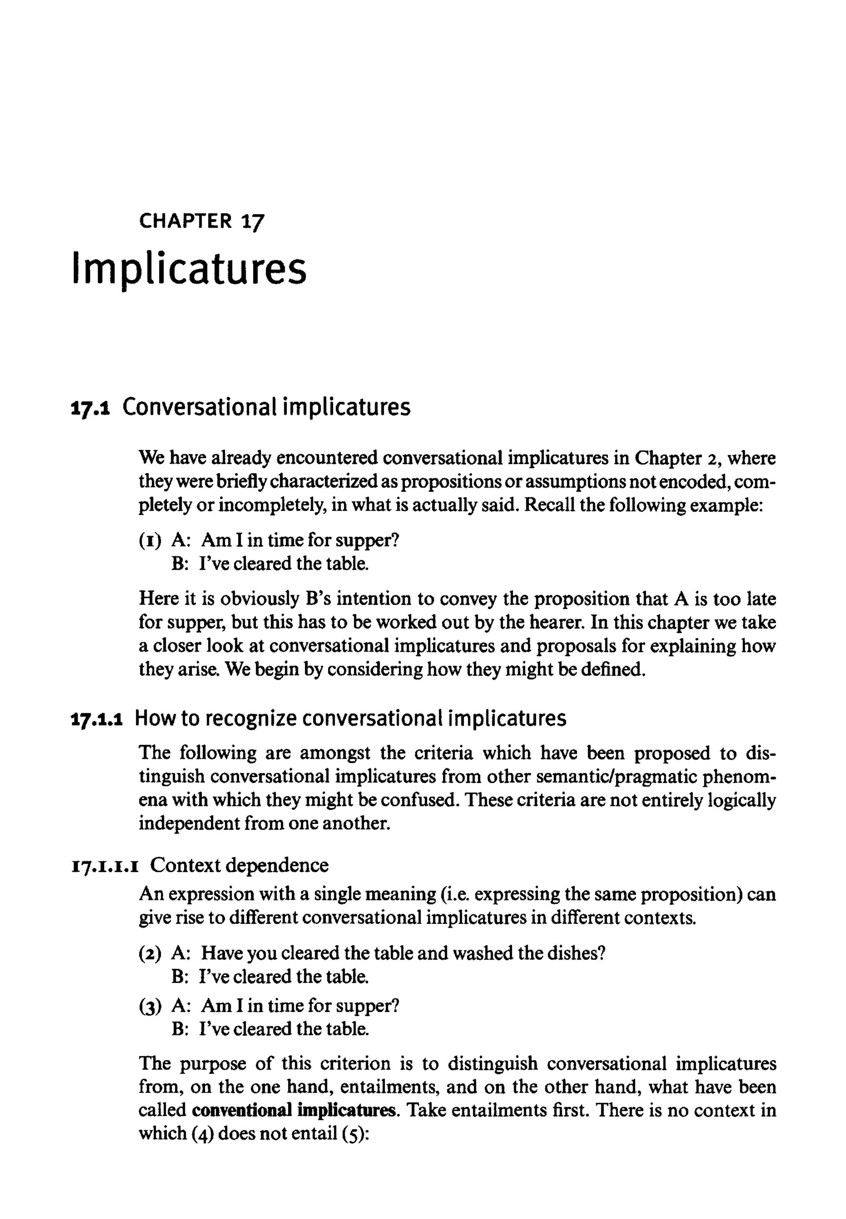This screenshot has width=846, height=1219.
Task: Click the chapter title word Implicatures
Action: [x=189, y=269]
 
